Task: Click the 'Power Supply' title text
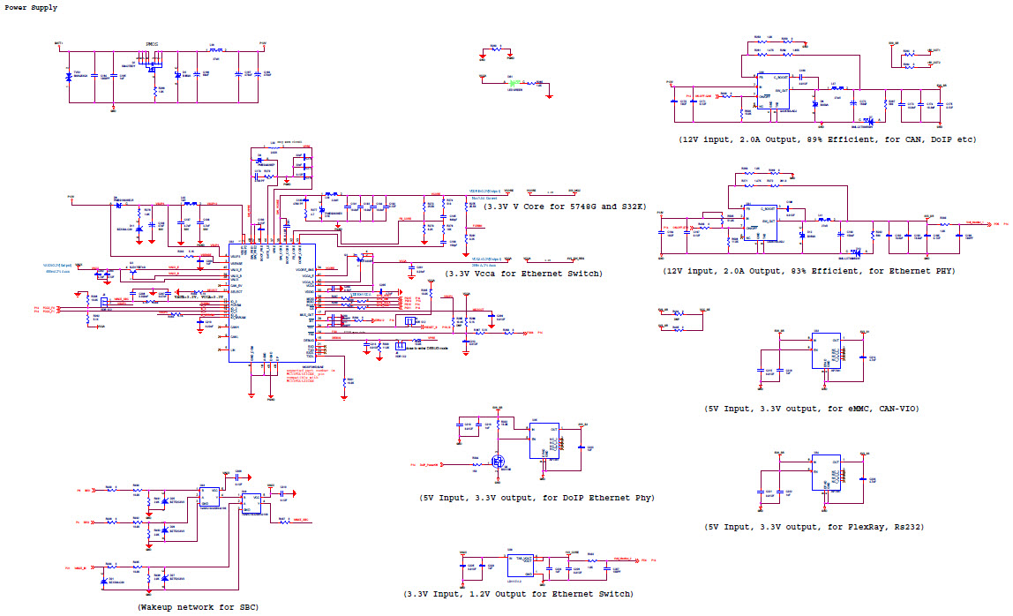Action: [32, 8]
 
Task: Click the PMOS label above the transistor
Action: [151, 44]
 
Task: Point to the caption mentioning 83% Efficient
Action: [808, 271]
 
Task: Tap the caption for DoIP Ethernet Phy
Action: [537, 498]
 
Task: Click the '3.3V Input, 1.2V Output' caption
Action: [518, 594]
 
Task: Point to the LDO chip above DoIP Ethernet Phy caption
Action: [544, 439]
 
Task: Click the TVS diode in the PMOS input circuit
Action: [69, 78]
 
